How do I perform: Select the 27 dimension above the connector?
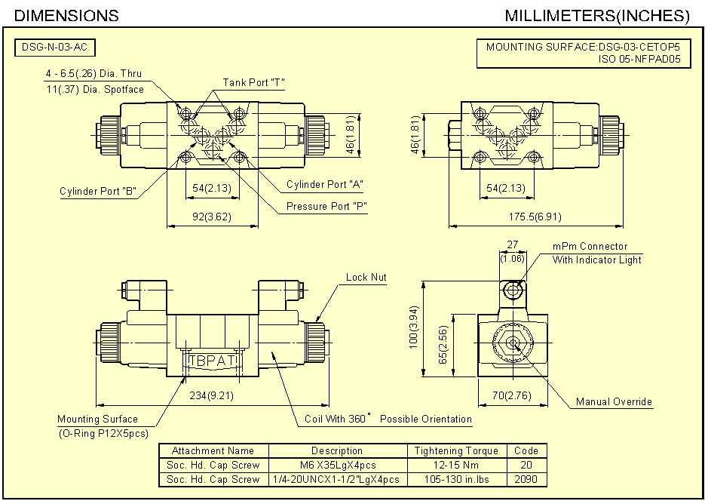tap(513, 245)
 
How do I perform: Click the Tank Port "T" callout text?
tap(253, 82)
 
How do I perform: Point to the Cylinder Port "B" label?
tap(97, 191)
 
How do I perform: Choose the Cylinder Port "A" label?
tap(325, 185)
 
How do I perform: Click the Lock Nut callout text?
tap(366, 277)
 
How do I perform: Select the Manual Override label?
tap(614, 401)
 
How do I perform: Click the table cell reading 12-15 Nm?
tap(456, 465)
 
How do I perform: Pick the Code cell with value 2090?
tap(526, 479)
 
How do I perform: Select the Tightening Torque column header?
tap(456, 450)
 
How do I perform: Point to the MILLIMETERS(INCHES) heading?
tap(597, 15)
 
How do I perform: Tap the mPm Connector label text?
tap(590, 246)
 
